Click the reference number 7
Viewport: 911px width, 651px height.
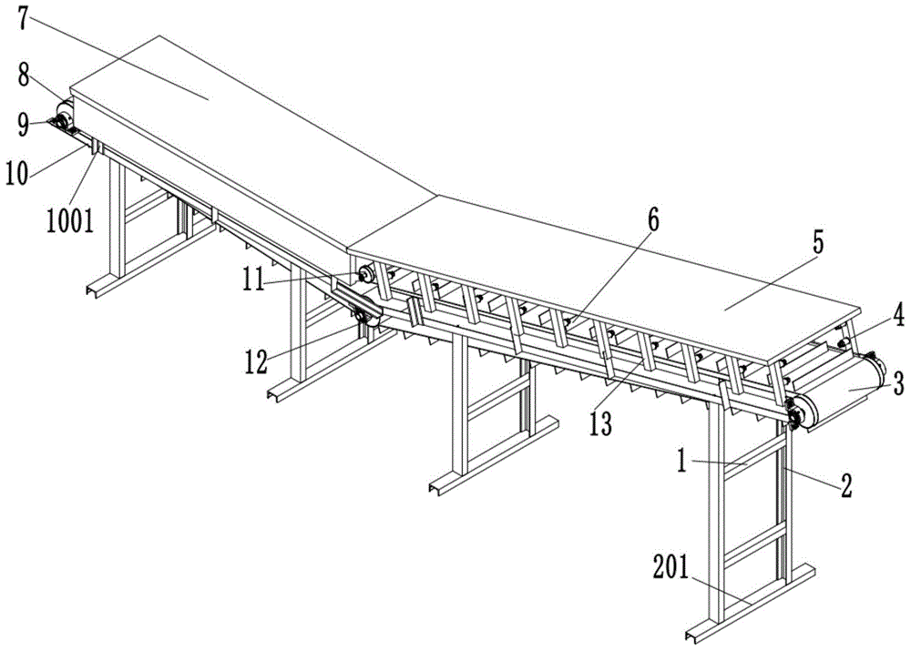coord(20,19)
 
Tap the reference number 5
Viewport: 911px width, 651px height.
coord(817,242)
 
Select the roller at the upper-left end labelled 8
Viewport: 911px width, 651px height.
coord(64,114)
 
